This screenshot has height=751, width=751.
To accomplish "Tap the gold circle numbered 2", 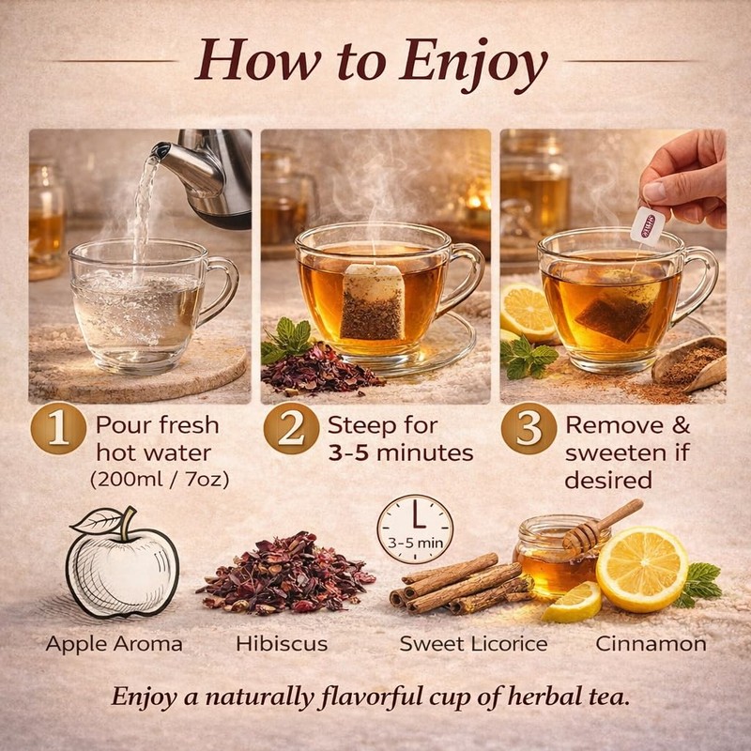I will pyautogui.click(x=292, y=429).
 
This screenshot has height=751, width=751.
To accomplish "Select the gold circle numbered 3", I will pyautogui.click(x=529, y=429).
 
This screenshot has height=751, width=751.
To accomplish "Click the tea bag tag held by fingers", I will pyautogui.click(x=647, y=224).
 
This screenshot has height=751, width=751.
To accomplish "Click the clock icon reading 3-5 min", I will pyautogui.click(x=414, y=529).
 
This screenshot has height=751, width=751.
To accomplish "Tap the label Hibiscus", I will pyautogui.click(x=281, y=645).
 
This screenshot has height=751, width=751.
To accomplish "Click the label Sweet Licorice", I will pyautogui.click(x=473, y=645).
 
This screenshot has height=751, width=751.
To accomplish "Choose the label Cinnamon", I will pyautogui.click(x=651, y=645).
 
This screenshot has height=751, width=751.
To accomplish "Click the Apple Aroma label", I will pyautogui.click(x=114, y=645).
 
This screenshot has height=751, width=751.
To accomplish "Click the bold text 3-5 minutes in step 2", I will pyautogui.click(x=400, y=452).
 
